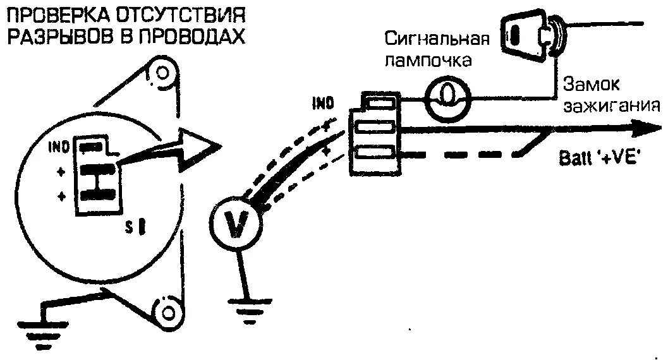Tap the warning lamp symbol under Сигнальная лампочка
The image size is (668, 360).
(446, 95)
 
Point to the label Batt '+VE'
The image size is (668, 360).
(600, 159)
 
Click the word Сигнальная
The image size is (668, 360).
(438, 40)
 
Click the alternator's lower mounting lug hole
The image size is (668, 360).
(169, 312)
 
